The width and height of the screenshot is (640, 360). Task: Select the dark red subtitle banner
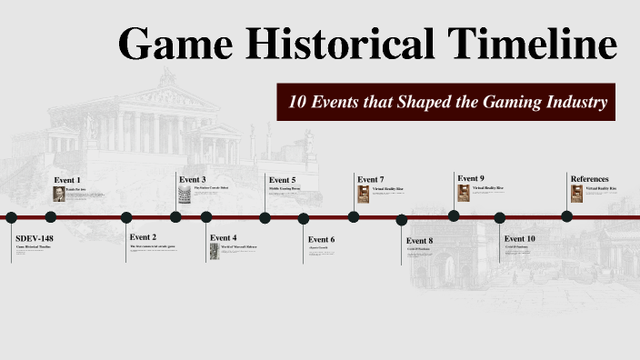click(x=447, y=101)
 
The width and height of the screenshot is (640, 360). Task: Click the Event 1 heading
click(x=67, y=180)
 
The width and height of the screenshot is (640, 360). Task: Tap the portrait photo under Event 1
click(x=59, y=194)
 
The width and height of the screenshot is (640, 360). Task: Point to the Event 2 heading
click(x=143, y=237)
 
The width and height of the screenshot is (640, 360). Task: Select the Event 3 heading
click(x=192, y=179)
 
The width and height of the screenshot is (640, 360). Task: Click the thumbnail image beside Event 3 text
click(x=185, y=195)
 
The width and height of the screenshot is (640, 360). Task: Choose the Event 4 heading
click(x=223, y=237)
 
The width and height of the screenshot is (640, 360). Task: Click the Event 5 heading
click(x=282, y=179)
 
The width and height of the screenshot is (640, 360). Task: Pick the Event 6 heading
click(x=322, y=239)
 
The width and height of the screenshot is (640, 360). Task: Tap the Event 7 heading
click(x=371, y=179)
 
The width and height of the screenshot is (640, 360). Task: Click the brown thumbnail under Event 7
click(x=364, y=194)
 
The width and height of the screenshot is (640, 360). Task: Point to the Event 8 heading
click(x=419, y=240)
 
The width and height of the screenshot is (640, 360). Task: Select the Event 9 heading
click(x=470, y=177)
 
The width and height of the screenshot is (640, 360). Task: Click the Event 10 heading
click(x=519, y=238)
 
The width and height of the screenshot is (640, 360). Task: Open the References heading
click(x=589, y=178)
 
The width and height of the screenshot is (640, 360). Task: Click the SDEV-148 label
click(x=35, y=237)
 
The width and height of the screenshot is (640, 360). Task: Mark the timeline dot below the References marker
click(x=567, y=216)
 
